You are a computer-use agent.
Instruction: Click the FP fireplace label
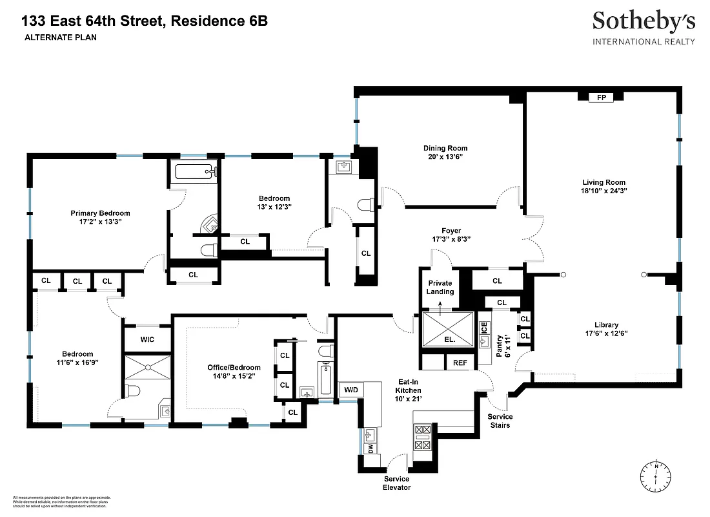pos(601,98)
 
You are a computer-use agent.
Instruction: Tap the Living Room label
pos(603,182)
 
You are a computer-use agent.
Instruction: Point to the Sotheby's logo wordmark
pos(644,22)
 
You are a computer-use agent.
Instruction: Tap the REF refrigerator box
pos(460,363)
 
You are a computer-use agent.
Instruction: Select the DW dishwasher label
pos(370,448)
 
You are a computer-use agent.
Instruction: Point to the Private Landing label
pos(440,287)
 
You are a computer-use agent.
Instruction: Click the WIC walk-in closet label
pos(147,339)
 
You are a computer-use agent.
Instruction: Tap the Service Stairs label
pos(500,421)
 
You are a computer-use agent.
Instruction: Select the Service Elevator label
pos(396,483)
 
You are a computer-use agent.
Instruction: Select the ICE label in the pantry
pos(484,328)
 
